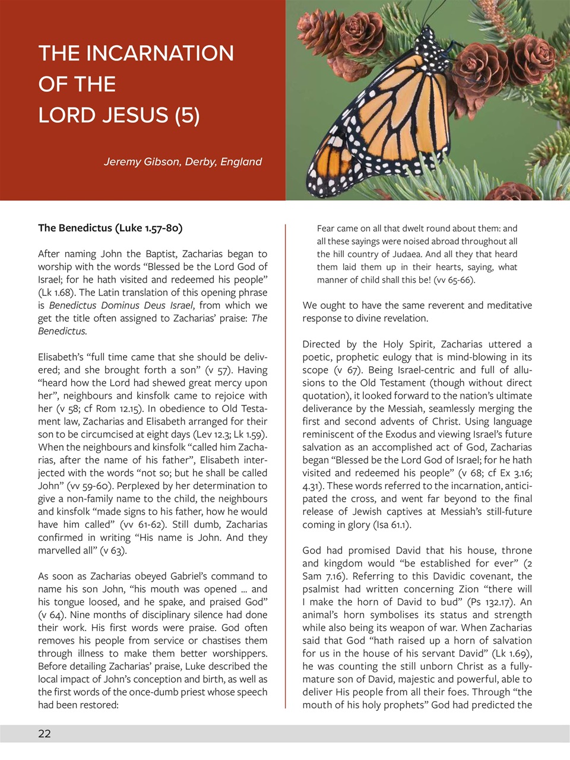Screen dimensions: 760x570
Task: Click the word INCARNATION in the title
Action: click(160, 53)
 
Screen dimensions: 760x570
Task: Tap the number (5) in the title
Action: click(187, 115)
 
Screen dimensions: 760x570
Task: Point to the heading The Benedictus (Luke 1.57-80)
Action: click(110, 228)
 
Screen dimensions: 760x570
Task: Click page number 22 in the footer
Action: click(45, 733)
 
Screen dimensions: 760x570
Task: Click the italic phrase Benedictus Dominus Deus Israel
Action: click(121, 305)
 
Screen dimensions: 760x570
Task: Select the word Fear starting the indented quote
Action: click(326, 228)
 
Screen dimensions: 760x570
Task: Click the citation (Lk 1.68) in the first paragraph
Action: click(57, 292)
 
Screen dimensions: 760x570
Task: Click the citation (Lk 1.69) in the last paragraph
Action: click(511, 653)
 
